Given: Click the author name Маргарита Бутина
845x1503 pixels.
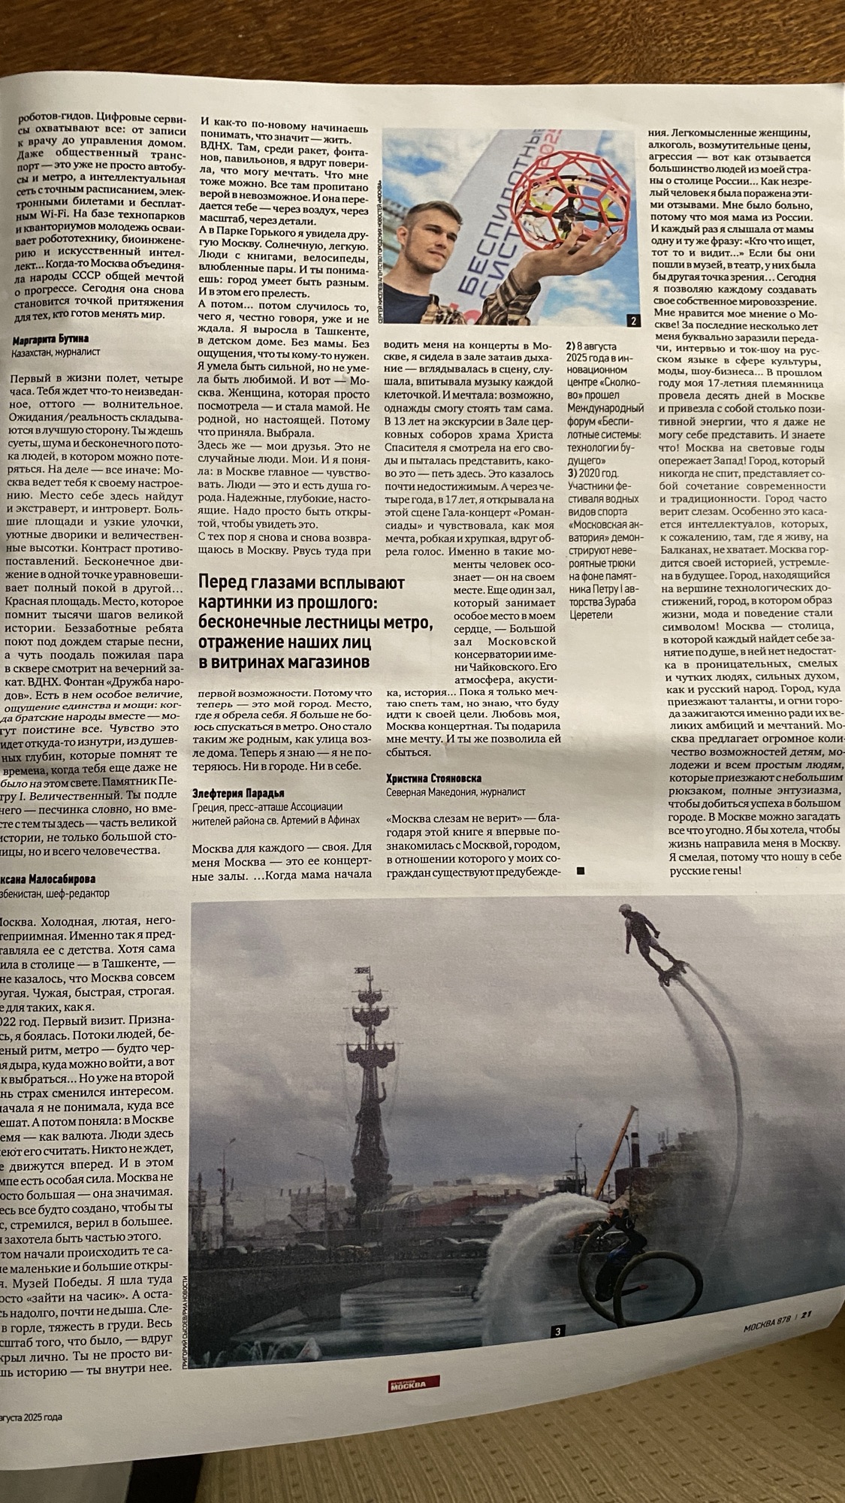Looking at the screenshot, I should [x=51, y=339].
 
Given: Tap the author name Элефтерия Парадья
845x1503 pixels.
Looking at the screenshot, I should [x=239, y=793].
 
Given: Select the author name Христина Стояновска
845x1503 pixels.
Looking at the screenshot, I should [x=433, y=779].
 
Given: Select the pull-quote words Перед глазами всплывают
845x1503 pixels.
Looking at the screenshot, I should [x=300, y=584].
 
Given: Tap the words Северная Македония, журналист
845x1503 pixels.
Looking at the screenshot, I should [x=455, y=792].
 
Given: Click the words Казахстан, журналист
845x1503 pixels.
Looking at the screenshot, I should [x=56, y=351].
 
